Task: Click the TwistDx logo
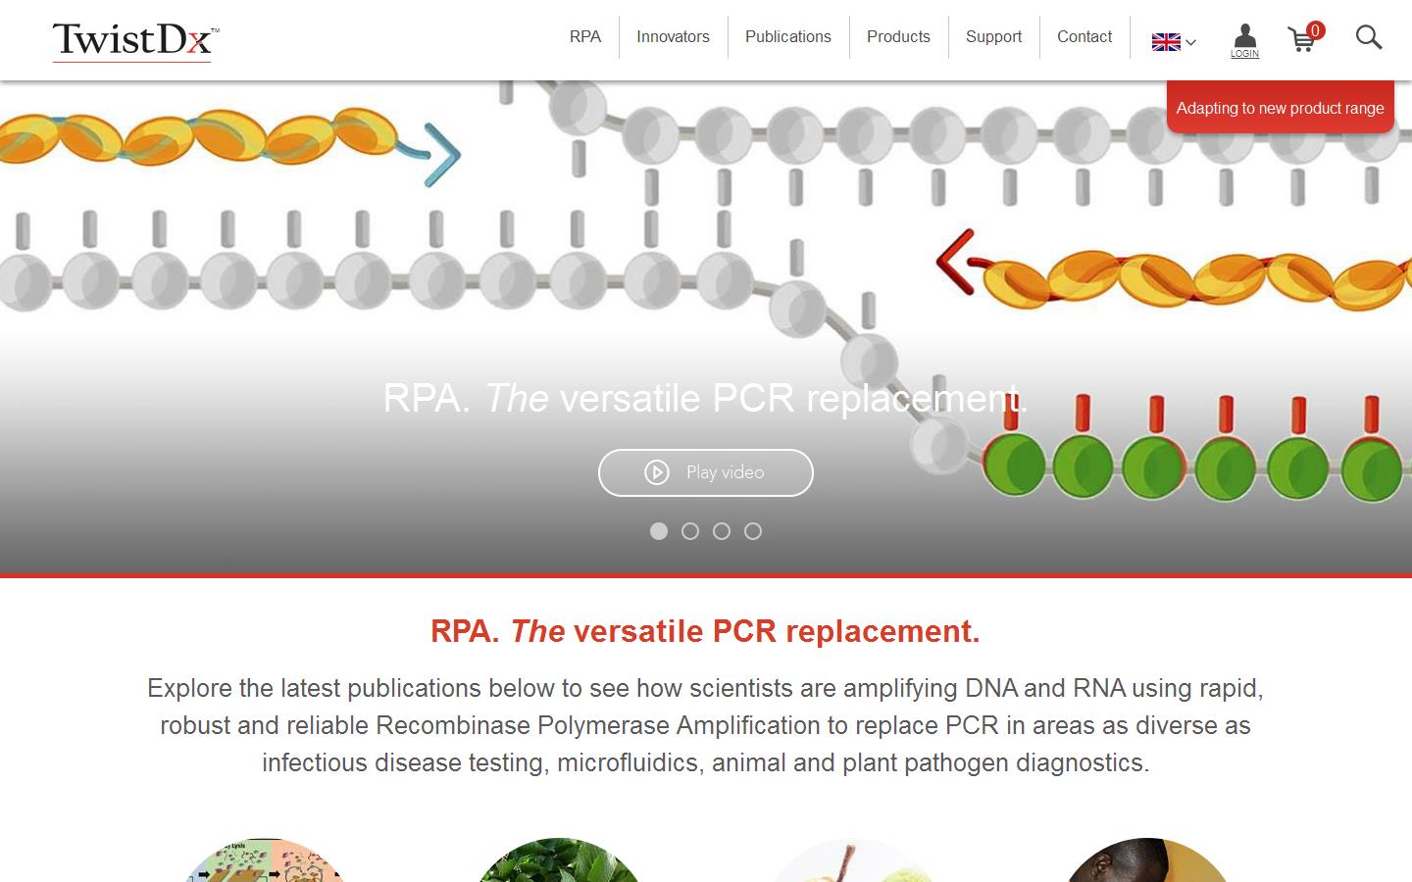pos(135,41)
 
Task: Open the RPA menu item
pos(585,37)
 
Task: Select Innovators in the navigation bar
pos(673,37)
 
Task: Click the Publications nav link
pos(788,37)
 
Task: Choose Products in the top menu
pos(898,37)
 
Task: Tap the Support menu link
pos(993,37)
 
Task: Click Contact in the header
pos(1084,37)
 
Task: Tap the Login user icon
pos(1244,40)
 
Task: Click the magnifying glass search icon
pos(1369,38)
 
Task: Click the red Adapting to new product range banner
pos(1280,107)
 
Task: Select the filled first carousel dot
pos(659,531)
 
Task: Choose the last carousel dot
pos(753,531)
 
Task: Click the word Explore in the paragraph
pos(189,689)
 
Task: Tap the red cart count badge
pos(1315,31)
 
